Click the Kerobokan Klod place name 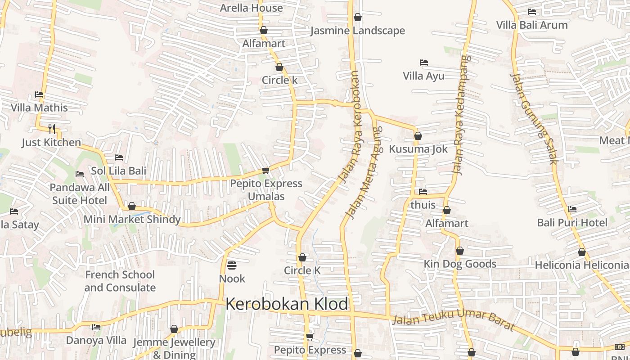click(x=287, y=304)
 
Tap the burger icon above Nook click(x=232, y=265)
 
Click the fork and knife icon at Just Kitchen click(x=52, y=129)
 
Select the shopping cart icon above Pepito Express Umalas click(x=265, y=170)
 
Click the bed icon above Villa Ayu click(x=423, y=62)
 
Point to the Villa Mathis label click(x=39, y=108)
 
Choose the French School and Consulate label click(x=120, y=281)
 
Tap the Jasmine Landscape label click(x=358, y=31)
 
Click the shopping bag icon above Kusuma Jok click(x=418, y=136)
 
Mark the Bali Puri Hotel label click(x=572, y=222)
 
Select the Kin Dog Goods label click(x=460, y=264)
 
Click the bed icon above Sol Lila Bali click(x=119, y=157)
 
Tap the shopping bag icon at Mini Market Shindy click(x=132, y=206)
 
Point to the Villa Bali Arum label click(x=532, y=25)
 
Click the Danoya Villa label click(x=96, y=340)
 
